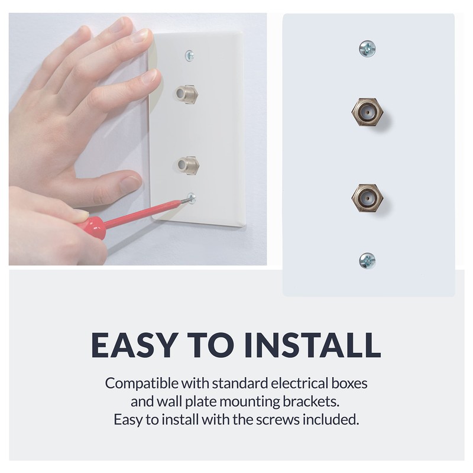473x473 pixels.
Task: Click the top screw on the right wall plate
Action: (x=367, y=48)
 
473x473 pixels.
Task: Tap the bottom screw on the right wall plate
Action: (x=367, y=260)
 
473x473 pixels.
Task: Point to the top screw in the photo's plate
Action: (x=190, y=55)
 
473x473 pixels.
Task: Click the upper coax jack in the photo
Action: (x=187, y=93)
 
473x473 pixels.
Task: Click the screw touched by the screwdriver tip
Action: (x=191, y=199)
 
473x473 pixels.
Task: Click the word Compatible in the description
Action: (x=138, y=383)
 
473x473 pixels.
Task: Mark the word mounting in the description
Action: (x=243, y=403)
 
